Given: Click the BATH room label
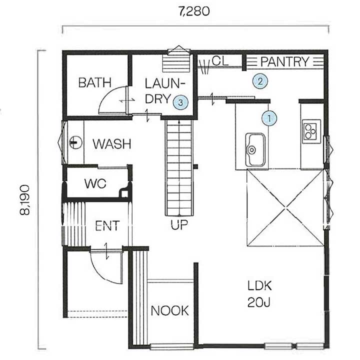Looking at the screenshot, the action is coord(95,82).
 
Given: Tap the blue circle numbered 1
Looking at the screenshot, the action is coord(269,118).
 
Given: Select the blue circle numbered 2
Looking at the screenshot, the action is coord(260,81).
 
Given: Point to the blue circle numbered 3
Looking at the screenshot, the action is coord(180,102).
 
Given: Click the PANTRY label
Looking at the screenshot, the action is coord(285,61).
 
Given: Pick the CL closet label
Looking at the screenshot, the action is coord(220,61).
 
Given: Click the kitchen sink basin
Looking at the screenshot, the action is coord(255,149).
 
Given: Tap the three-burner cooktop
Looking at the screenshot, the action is coord(311,131).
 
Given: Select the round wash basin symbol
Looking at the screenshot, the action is coord(76,142).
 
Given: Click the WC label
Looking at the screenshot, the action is coord(95,183).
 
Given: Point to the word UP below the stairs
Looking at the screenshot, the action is coord(179,225).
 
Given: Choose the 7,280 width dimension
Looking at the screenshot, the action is coord(194,11).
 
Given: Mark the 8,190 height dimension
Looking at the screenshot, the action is coord(25,200).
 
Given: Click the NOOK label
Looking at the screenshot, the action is coord(170,310).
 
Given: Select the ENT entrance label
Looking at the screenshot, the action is coord(107,225).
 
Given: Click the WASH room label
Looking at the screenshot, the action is coord(112,144).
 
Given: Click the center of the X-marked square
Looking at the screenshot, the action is coord(285,207).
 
